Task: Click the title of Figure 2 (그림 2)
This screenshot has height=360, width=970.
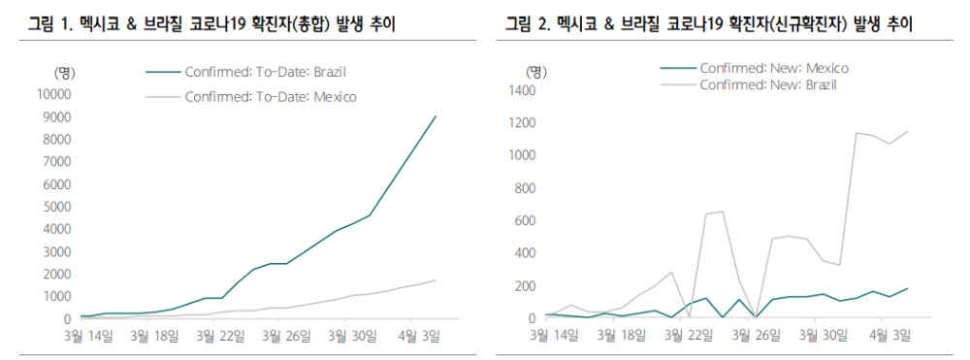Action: click(708, 21)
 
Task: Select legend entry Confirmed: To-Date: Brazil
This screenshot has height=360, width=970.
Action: click(265, 72)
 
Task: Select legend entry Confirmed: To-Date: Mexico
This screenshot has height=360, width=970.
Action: click(270, 96)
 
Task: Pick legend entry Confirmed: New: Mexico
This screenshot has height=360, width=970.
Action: click(773, 68)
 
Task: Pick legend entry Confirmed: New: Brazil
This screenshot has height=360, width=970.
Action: click(767, 84)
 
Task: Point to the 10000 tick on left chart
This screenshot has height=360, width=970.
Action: click(54, 94)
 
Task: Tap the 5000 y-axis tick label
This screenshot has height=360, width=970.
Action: click(57, 207)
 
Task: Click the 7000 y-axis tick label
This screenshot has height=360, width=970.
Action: click(57, 162)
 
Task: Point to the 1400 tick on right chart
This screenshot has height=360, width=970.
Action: click(522, 90)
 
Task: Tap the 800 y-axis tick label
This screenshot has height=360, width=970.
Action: click(525, 188)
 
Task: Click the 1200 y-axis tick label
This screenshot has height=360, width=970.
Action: click(522, 123)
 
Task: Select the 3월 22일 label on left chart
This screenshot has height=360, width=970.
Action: click(220, 337)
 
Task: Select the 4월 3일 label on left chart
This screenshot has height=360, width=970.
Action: click(418, 337)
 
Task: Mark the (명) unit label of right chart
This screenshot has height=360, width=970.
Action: click(535, 72)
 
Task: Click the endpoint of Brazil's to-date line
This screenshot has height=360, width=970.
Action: click(436, 116)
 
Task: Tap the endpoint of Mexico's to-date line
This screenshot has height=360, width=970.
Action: click(436, 280)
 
